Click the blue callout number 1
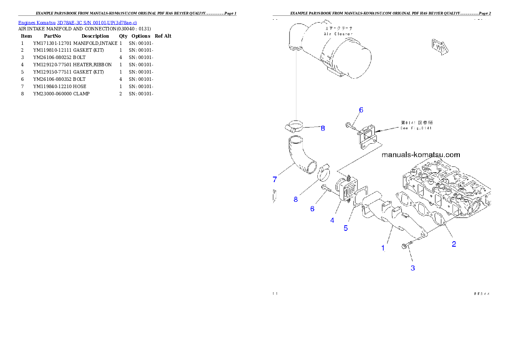pyautogui.click(x=383, y=248)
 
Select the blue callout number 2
pyautogui.click(x=454, y=244)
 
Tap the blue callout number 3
pyautogui.click(x=413, y=269)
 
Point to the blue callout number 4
pyautogui.click(x=332, y=221)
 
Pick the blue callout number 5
pyautogui.click(x=346, y=228)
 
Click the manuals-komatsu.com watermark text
pyautogui.click(x=421, y=155)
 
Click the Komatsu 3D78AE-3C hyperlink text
pyautogui.click(x=77, y=22)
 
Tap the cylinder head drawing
pyautogui.click(x=445, y=188)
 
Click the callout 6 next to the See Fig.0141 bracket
pyautogui.click(x=361, y=110)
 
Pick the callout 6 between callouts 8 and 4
pyautogui.click(x=312, y=209)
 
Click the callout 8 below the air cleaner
pyautogui.click(x=323, y=128)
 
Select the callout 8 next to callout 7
pyautogui.click(x=296, y=199)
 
